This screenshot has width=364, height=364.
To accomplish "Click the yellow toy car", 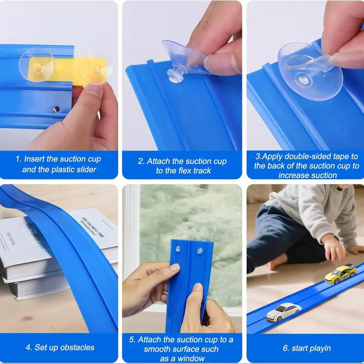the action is point(340,274).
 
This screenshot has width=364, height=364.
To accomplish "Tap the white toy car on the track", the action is point(283,312).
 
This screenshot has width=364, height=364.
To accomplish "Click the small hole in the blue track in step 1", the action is point(56,109).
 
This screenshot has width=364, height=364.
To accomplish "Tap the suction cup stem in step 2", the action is point(176,74).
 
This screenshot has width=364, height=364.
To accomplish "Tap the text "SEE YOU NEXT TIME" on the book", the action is point(93,227).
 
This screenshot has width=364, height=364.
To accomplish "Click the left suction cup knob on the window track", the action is point(178,249).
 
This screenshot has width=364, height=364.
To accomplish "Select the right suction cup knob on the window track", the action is point(200,251).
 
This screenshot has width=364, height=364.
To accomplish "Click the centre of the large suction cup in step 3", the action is point(303,79).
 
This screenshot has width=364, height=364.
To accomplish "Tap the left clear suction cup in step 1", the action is point(37,65).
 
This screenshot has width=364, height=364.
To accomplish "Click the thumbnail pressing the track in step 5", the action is point(198,287).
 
